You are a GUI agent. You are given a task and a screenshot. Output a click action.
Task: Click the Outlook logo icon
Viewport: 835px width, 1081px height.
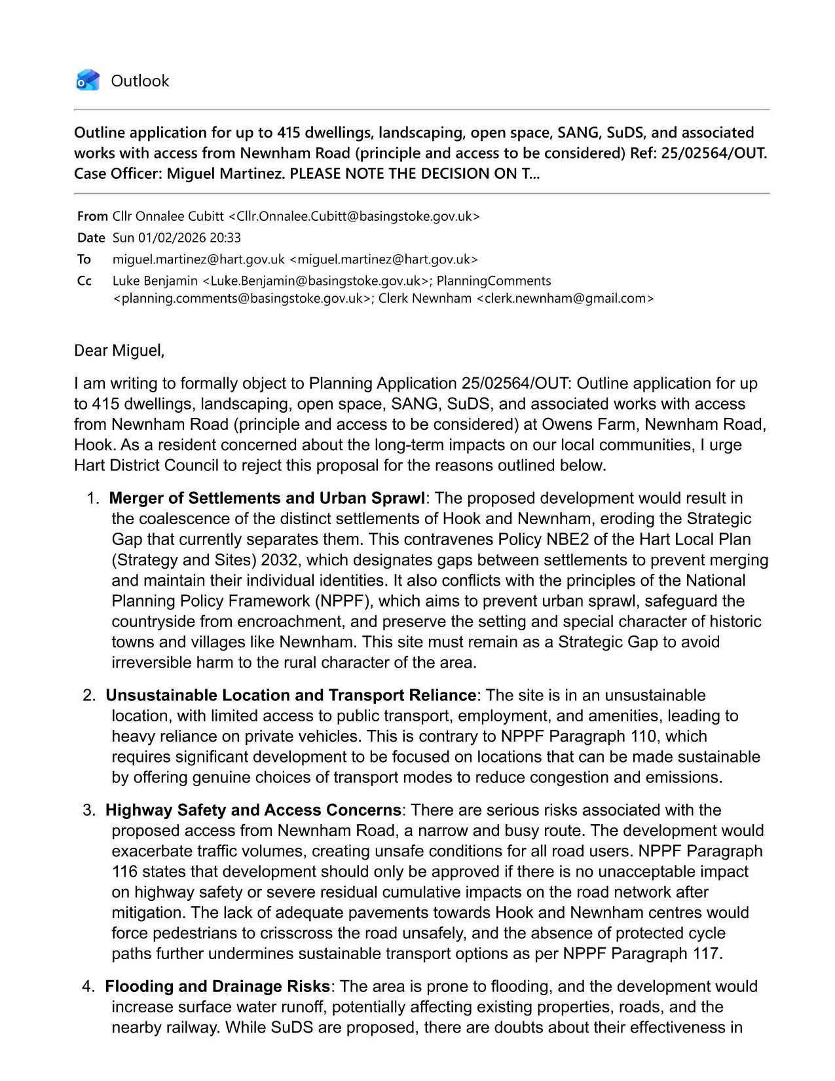click(x=88, y=81)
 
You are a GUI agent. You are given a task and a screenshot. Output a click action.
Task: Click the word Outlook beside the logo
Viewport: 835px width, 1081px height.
click(x=139, y=81)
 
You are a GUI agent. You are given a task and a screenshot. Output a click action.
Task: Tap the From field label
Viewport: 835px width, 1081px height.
click(x=92, y=216)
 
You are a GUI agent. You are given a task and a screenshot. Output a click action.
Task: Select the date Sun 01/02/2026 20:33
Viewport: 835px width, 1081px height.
click(x=177, y=238)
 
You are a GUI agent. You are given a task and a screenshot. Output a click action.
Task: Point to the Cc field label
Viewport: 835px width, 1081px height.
click(x=84, y=281)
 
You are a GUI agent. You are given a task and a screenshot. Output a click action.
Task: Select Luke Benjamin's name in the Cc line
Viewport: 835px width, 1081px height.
click(x=155, y=281)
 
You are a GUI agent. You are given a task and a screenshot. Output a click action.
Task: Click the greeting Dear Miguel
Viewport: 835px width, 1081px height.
click(x=119, y=351)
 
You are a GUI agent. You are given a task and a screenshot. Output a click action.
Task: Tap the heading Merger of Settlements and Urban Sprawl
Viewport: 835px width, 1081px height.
click(x=267, y=498)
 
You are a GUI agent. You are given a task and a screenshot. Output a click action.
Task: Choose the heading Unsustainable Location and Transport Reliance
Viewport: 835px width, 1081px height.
click(x=291, y=695)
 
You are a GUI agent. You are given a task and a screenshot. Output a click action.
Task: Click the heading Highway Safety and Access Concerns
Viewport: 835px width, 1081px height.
click(x=253, y=810)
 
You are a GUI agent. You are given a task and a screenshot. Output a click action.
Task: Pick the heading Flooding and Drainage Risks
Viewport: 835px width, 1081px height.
click(x=217, y=987)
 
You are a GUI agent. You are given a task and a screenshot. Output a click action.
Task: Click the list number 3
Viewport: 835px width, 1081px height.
click(x=88, y=810)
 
